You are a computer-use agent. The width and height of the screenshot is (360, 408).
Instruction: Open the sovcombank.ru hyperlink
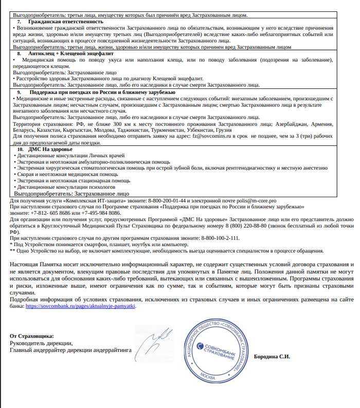point(80,305)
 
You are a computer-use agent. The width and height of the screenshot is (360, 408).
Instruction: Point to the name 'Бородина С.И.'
point(272,357)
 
